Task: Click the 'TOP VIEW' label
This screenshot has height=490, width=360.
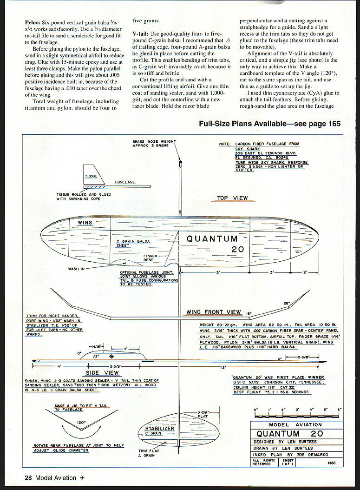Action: click(x=232, y=198)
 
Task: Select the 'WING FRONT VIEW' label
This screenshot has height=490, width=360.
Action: click(x=214, y=312)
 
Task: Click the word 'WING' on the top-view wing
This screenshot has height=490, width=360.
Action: click(x=85, y=223)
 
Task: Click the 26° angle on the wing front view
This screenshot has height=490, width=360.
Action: click(x=286, y=303)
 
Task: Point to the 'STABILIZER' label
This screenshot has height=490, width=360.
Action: click(x=159, y=428)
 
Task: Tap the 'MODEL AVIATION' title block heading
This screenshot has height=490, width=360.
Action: click(x=295, y=425)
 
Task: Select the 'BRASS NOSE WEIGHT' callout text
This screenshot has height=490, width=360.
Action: click(x=154, y=141)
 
